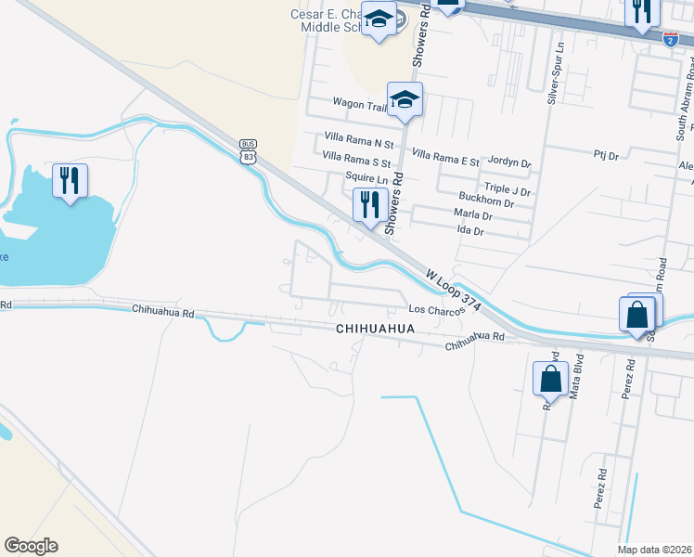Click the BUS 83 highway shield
tap(248, 150)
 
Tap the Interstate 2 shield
tap(670, 38)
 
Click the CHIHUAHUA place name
tap(375, 330)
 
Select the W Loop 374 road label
tap(454, 289)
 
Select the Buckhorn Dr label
tap(486, 201)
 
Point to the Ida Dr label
tap(473, 230)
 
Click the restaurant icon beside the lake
tap(70, 180)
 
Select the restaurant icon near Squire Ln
tap(370, 204)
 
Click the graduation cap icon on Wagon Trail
tap(405, 98)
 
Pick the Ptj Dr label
tap(607, 156)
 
